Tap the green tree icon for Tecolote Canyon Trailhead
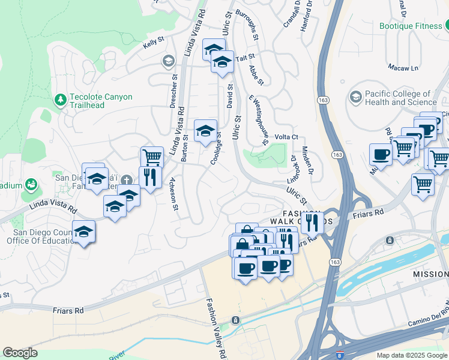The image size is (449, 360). (60, 99)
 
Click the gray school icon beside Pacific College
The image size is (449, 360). (356, 97)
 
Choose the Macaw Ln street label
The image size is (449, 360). (403, 67)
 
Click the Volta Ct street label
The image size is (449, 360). (286, 137)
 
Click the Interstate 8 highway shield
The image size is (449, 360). (340, 355)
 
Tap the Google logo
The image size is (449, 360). (20, 353)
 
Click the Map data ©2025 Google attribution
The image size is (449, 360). (412, 355)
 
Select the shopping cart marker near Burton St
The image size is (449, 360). (152, 158)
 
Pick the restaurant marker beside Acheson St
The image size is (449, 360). (148, 177)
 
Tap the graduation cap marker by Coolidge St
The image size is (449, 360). (205, 131)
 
